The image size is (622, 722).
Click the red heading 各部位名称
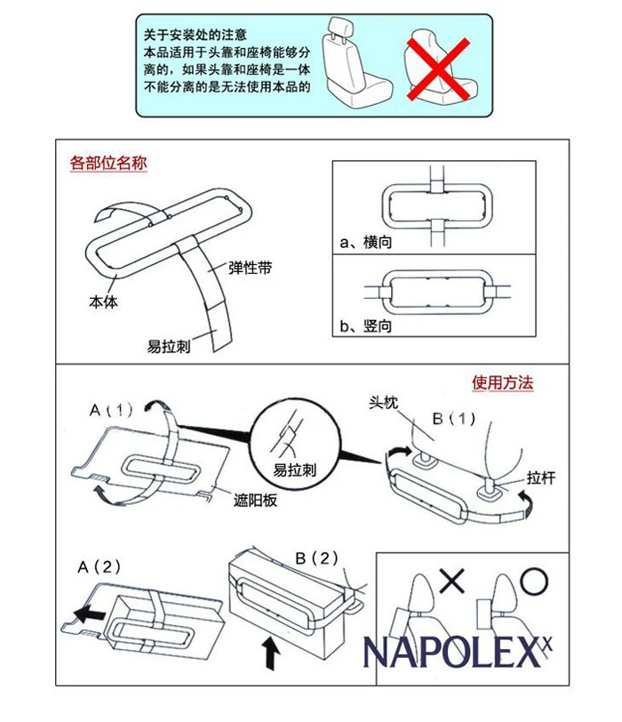(108, 164)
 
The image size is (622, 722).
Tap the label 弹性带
(250, 267)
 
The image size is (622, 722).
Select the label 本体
(102, 301)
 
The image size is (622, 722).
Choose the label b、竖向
(365, 326)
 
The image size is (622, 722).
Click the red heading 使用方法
(502, 383)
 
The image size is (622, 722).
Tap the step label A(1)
(111, 410)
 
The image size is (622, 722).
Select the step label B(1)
(454, 418)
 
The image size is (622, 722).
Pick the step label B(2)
(317, 558)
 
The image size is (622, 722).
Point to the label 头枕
(383, 402)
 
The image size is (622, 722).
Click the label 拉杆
(540, 477)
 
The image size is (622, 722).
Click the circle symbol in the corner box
(534, 582)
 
